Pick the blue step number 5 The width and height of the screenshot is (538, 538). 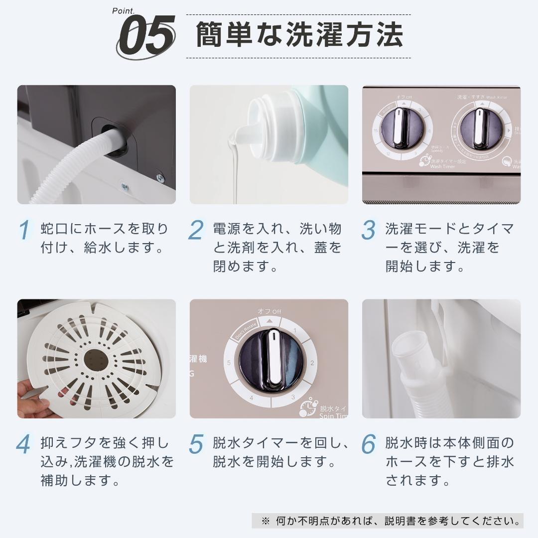tap(197, 444)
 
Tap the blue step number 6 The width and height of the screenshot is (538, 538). tap(369, 444)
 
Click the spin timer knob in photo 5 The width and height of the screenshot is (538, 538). tap(271, 359)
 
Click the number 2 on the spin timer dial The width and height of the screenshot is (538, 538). tap(312, 363)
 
